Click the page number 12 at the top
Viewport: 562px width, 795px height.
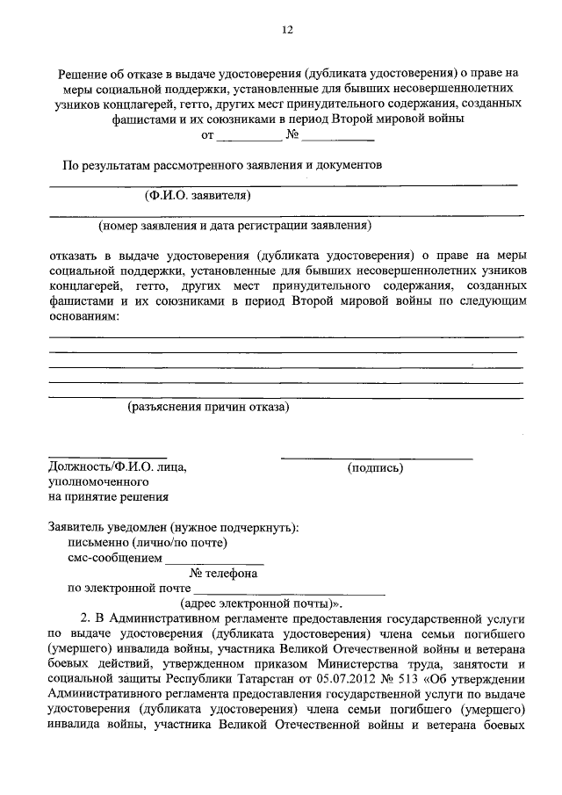(286, 29)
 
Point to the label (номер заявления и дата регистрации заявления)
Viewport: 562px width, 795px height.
(235, 225)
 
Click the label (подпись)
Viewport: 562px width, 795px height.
(376, 468)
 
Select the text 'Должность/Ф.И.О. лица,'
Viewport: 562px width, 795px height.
(117, 468)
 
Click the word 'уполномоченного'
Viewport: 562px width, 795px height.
(97, 482)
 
